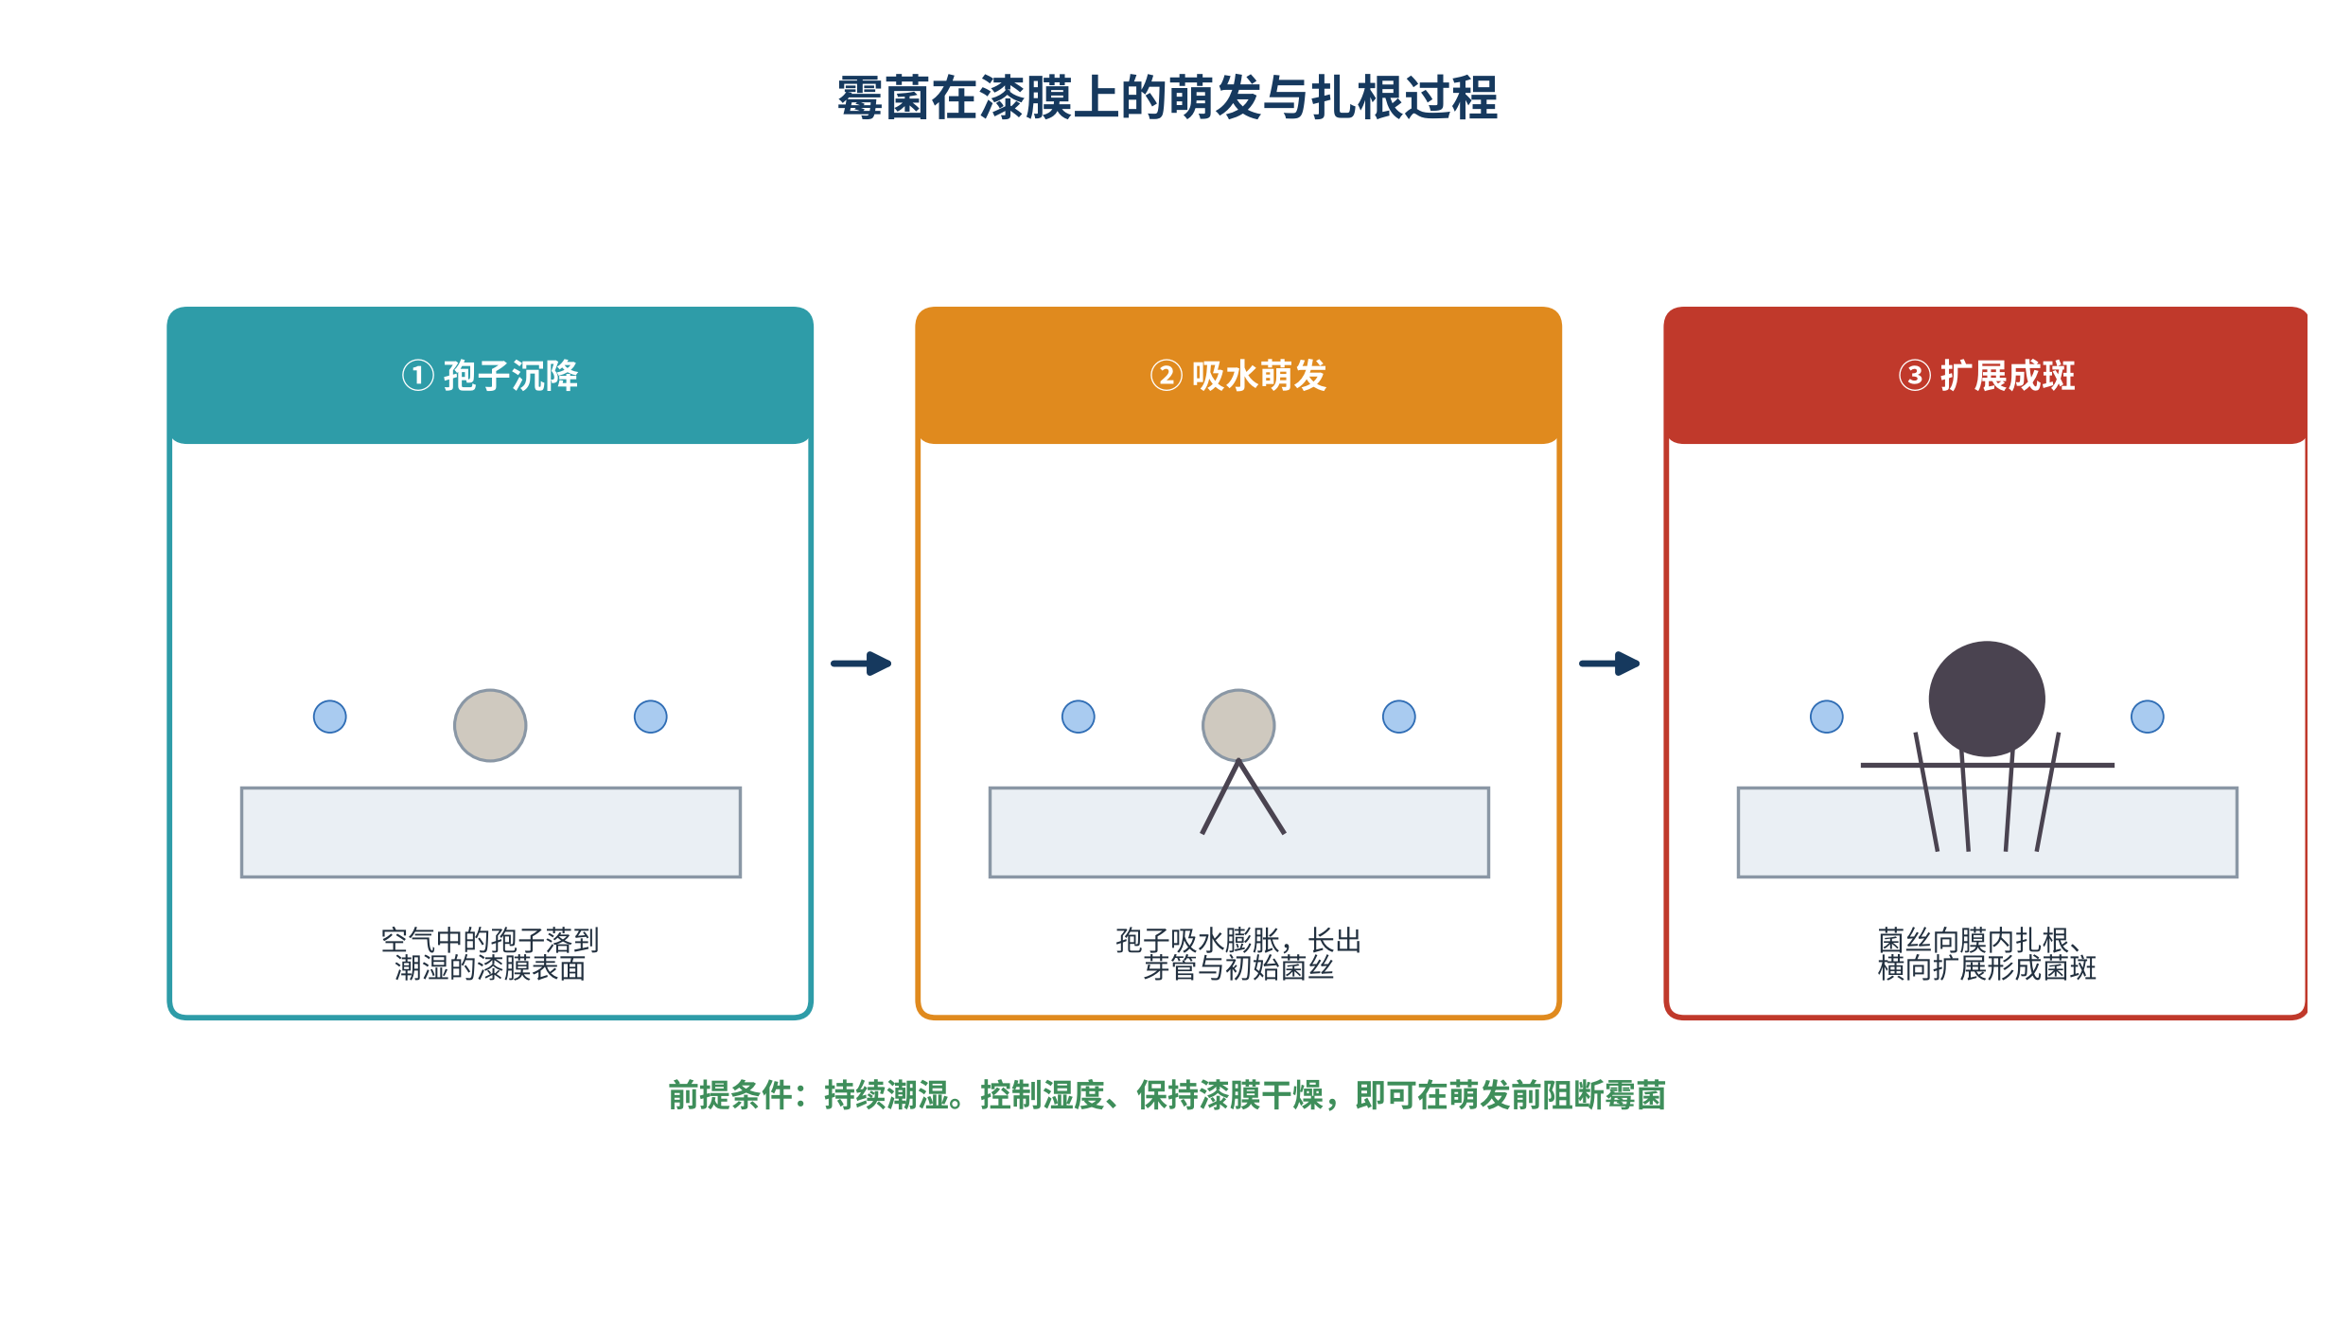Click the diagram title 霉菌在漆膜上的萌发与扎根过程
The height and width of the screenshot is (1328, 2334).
point(1167,98)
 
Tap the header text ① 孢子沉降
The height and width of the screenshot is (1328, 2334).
point(490,376)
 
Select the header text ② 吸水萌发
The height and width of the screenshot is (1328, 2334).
point(1238,376)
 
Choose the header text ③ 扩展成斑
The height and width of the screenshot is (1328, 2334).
point(1987,376)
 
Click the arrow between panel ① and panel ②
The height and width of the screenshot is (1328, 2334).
point(862,664)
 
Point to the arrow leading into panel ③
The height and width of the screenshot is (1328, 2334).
point(1610,664)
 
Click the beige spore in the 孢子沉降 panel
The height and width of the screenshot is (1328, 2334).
point(490,725)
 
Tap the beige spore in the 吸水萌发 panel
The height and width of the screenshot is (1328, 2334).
point(1238,725)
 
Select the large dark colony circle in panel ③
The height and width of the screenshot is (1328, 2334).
point(1987,699)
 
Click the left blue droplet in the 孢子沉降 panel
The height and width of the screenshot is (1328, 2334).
point(330,717)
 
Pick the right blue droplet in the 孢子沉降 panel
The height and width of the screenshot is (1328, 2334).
point(651,717)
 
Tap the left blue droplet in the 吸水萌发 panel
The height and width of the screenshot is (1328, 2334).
point(1079,717)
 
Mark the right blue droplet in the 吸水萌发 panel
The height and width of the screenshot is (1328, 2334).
point(1399,717)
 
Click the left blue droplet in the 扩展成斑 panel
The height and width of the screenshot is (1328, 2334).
point(1827,717)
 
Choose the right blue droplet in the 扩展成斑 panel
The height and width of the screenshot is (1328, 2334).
point(2148,717)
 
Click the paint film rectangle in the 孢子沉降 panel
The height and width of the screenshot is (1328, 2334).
point(491,832)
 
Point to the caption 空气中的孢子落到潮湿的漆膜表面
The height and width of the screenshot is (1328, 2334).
point(490,954)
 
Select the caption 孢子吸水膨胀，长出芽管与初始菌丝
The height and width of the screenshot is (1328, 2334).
point(1238,954)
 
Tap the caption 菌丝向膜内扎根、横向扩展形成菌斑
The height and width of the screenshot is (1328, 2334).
point(1987,954)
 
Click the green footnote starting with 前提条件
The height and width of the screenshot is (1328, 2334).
point(1167,1095)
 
